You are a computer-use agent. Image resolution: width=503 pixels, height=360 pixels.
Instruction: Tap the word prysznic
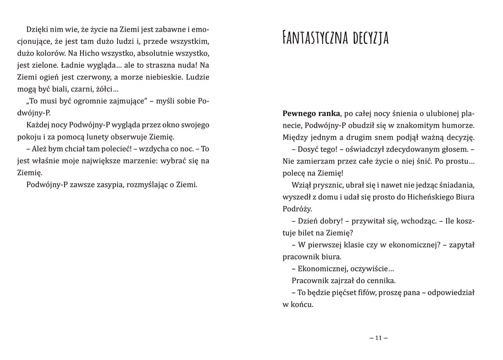point(324,185)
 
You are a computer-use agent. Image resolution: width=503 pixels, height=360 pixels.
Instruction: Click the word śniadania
point(455,185)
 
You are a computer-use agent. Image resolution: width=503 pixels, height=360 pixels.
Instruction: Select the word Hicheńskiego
point(422,196)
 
